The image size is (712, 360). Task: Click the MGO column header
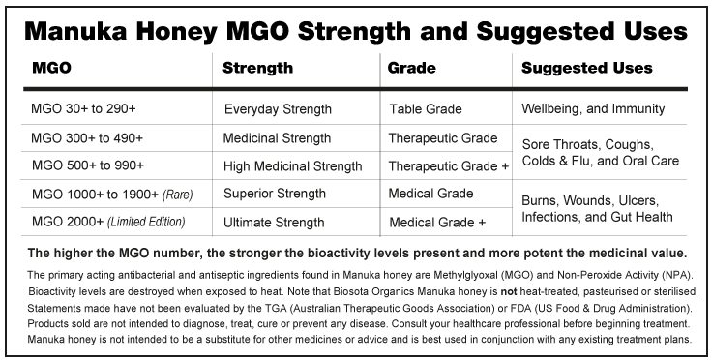pos(51,68)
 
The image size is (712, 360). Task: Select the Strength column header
pos(257,68)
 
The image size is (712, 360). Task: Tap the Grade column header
pos(411,68)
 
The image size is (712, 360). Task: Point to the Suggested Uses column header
pos(586,68)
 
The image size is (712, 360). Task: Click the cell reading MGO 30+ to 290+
pos(83,109)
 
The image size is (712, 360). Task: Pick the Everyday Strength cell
pos(278,109)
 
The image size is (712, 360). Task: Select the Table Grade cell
pos(426,109)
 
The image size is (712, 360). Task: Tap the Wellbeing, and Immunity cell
pos(593,109)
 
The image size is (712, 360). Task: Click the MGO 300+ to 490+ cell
pos(87,138)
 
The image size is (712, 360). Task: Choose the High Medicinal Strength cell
pos(293,166)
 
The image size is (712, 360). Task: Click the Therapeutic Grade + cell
pos(449,166)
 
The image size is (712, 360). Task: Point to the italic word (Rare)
pos(178,195)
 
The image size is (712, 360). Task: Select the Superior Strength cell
pos(275,194)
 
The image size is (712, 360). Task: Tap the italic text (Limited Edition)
pos(146,222)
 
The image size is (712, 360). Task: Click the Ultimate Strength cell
pos(274,223)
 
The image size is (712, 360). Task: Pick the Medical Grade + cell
pos(437,223)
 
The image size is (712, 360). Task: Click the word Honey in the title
pos(177,32)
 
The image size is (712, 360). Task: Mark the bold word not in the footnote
pos(509,291)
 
